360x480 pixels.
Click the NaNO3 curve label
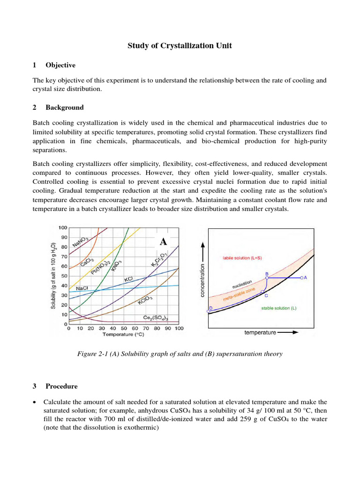tap(81, 242)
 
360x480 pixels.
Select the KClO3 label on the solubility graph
tap(145, 300)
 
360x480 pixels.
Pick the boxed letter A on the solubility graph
tap(163, 242)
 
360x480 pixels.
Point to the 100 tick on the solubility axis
tap(63, 228)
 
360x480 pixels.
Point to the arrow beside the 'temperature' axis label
tap(287, 332)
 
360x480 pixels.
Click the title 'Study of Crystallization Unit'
tap(180, 45)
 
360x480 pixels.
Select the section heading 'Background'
tap(64, 107)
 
